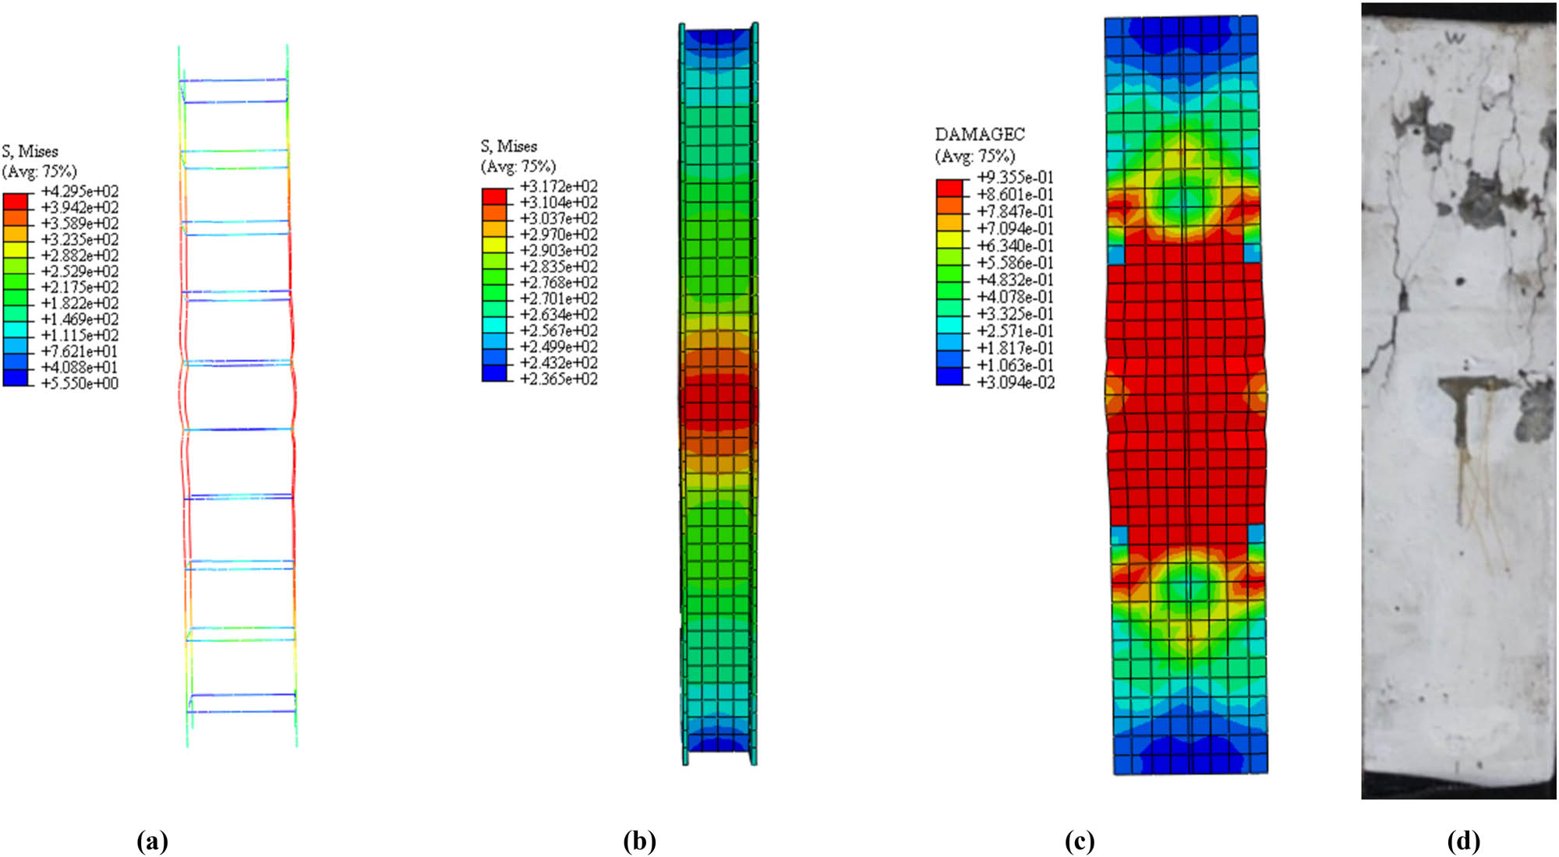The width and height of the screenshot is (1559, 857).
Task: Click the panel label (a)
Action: [152, 841]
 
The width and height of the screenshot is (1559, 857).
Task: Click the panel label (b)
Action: [639, 841]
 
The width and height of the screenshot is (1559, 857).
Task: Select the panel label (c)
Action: [1080, 841]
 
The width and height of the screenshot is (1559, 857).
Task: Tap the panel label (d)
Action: [1463, 841]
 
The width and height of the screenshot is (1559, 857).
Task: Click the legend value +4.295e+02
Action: [80, 192]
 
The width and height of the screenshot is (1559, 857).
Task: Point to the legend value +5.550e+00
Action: [80, 383]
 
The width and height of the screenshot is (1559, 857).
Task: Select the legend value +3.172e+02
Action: [559, 187]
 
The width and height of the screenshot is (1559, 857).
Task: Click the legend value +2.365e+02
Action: [559, 379]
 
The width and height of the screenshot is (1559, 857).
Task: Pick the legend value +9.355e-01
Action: [1015, 178]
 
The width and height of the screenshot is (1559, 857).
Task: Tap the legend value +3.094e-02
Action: [1015, 383]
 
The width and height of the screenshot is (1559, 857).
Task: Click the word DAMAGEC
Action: [980, 135]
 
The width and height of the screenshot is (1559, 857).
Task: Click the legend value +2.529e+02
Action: [80, 272]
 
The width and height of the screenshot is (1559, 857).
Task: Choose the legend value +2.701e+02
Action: [559, 299]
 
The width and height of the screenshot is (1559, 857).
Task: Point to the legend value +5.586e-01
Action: [1015, 263]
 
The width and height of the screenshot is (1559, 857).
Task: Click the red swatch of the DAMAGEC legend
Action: [949, 187]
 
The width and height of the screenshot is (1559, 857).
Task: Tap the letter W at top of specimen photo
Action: [1455, 37]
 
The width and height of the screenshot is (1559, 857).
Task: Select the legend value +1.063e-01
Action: [1015, 365]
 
